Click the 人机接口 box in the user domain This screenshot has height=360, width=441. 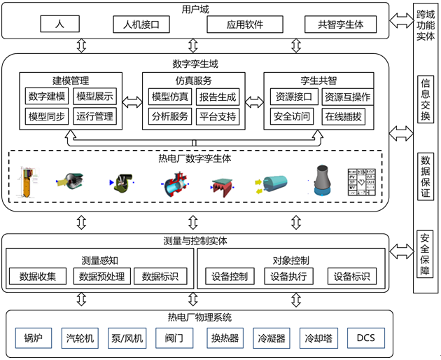tap(141, 25)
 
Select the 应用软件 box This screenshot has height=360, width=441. tap(235, 25)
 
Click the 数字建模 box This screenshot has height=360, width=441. tap(45, 97)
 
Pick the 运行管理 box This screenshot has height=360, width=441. tap(94, 116)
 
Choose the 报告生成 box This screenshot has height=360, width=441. tap(218, 97)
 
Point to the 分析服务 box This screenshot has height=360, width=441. tap(169, 116)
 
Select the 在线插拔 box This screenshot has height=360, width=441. tap(343, 116)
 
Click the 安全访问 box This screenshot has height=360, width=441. tap(292, 116)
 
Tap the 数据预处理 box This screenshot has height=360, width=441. tap(101, 276)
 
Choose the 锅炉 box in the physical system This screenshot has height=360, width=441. tap(34, 339)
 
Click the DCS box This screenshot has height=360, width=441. tap(365, 339)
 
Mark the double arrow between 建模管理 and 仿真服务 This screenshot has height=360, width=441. tap(132, 102)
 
